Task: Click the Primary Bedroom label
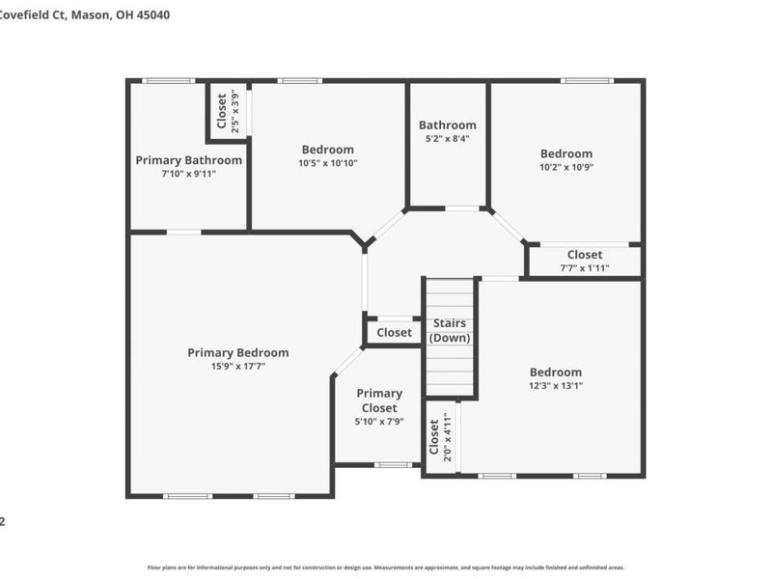(x=237, y=352)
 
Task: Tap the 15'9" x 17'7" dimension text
(x=237, y=367)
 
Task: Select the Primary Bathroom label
(x=188, y=160)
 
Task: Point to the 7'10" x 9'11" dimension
(x=188, y=174)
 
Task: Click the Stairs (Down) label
(x=450, y=330)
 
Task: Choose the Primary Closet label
(x=379, y=400)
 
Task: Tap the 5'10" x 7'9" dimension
(x=379, y=422)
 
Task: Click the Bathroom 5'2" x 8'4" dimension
(x=447, y=138)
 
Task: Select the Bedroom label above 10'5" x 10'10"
(x=328, y=150)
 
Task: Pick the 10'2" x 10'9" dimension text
(x=566, y=167)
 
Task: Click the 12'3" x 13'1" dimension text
(x=556, y=385)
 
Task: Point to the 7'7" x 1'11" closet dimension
(x=585, y=267)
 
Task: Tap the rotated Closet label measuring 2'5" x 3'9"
(x=222, y=111)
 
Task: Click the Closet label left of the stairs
(x=394, y=333)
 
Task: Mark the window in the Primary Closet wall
(x=393, y=465)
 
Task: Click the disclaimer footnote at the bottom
(x=386, y=568)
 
